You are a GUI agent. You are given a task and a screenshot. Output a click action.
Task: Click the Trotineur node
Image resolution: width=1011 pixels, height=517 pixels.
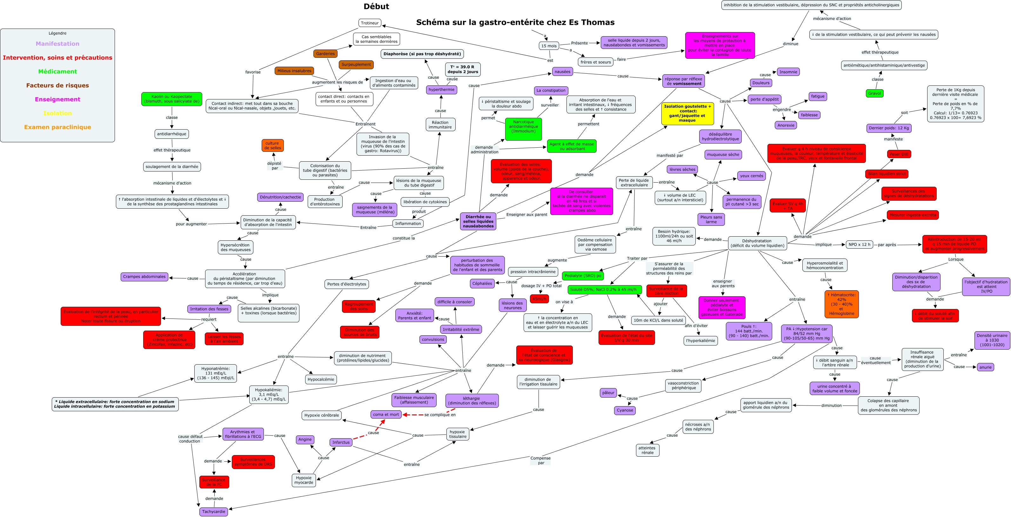click(x=370, y=23)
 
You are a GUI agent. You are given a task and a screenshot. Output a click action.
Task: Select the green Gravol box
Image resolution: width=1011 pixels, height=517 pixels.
click(x=874, y=93)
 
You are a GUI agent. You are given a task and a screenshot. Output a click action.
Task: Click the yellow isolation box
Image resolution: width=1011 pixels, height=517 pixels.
click(x=687, y=113)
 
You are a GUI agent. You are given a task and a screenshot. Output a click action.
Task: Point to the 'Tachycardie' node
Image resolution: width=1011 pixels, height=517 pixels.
click(x=213, y=512)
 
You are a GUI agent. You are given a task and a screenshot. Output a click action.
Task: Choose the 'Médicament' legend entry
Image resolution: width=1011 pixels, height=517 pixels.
click(x=57, y=71)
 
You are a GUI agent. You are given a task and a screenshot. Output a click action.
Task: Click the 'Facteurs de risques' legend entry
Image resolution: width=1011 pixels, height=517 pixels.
click(x=57, y=85)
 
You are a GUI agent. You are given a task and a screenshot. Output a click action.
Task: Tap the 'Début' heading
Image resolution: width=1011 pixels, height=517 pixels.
click(x=376, y=7)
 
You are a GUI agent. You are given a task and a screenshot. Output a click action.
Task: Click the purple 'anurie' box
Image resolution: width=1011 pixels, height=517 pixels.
click(x=985, y=367)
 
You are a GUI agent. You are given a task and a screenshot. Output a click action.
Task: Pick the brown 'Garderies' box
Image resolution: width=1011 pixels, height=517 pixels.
click(x=325, y=54)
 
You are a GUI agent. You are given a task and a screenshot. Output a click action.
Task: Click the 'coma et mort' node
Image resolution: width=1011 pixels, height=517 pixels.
click(x=386, y=414)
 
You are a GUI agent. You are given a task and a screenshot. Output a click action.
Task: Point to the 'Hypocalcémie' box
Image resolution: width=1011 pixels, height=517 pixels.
click(x=321, y=379)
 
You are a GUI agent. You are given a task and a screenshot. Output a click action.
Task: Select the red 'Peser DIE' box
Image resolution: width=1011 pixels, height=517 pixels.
click(x=899, y=154)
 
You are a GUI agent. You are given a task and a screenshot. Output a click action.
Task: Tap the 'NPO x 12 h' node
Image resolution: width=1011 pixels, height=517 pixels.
click(x=859, y=245)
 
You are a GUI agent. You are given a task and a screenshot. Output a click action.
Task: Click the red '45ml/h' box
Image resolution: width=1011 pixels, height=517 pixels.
click(x=539, y=299)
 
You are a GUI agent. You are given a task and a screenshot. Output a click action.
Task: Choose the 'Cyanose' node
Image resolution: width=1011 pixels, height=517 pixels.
click(x=625, y=410)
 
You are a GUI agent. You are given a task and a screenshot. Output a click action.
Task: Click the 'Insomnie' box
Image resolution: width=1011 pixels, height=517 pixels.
click(x=788, y=72)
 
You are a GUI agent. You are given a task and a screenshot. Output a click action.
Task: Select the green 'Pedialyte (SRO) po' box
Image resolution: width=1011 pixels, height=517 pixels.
click(x=583, y=276)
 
